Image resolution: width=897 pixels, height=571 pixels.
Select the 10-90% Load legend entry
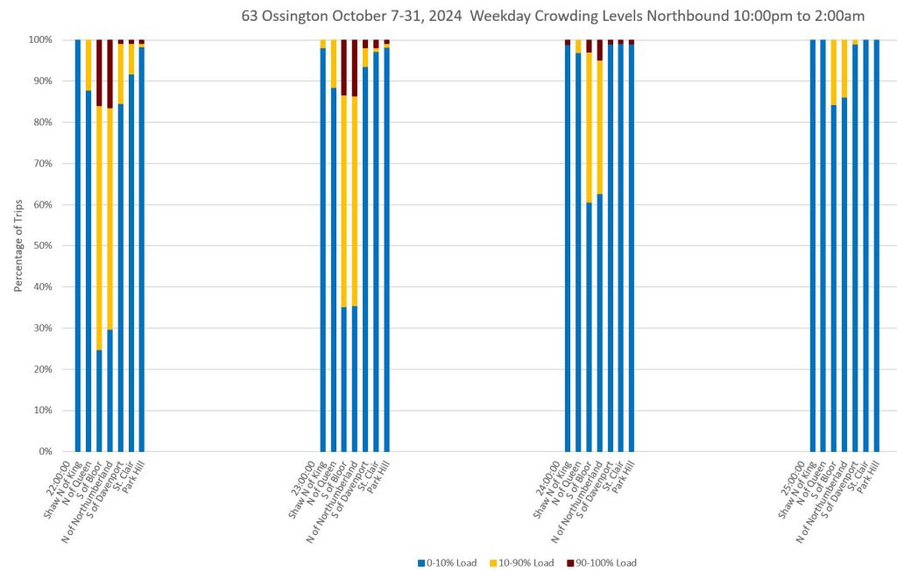pyautogui.click(x=532, y=562)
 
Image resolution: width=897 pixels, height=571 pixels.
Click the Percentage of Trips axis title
pyautogui.click(x=18, y=246)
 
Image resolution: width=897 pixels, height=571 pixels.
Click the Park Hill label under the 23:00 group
pyautogui.click(x=377, y=473)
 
